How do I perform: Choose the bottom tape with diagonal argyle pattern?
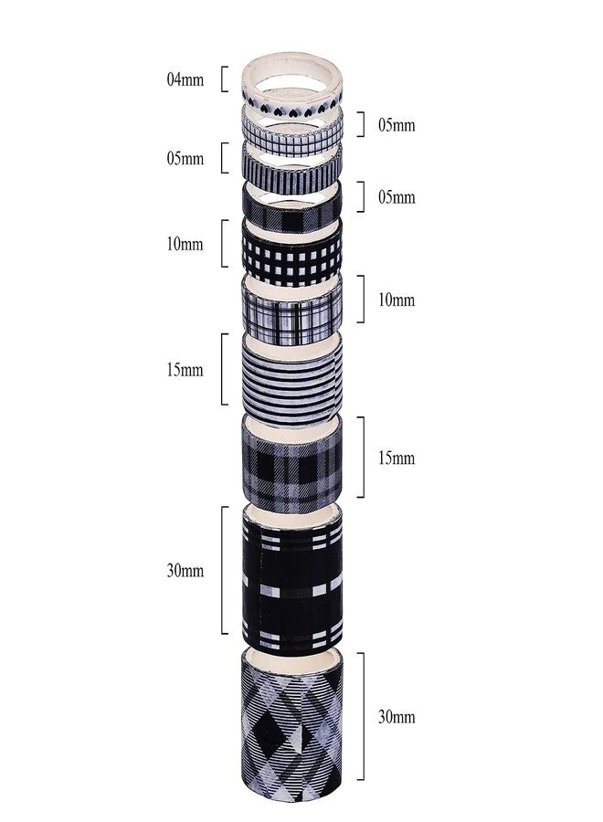point(291,729)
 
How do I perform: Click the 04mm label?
point(185,79)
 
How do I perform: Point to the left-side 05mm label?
point(185,158)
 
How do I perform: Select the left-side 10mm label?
point(185,244)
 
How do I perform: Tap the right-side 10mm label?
point(397,300)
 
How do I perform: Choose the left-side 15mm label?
point(185,370)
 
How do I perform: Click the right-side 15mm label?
point(397,458)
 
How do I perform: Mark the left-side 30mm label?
point(185,570)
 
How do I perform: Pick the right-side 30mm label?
point(397,717)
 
